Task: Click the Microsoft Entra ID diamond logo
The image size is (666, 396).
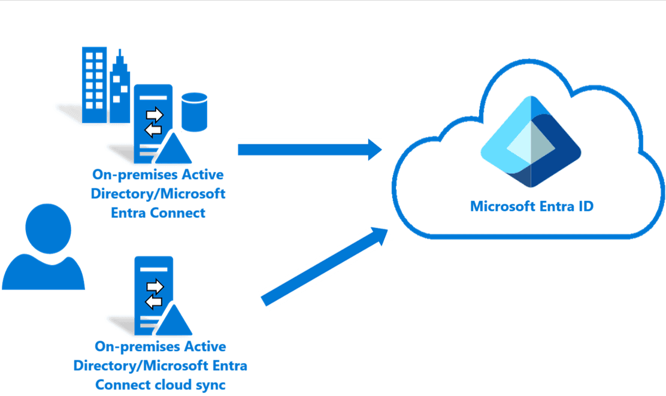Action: click(x=531, y=141)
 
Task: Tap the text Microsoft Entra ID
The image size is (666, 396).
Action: click(x=532, y=206)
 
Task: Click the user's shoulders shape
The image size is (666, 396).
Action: click(x=43, y=273)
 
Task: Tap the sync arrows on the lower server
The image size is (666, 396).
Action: click(x=154, y=293)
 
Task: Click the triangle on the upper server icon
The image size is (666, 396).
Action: click(x=174, y=148)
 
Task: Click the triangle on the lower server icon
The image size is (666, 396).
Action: click(x=174, y=320)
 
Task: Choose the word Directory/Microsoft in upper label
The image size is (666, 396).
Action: click(x=158, y=194)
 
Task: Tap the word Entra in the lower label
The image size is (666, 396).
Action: click(x=229, y=365)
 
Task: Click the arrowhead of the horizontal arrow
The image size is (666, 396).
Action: click(x=372, y=150)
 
